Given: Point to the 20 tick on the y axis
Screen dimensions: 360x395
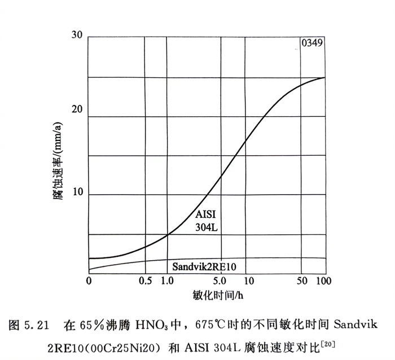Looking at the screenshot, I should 77,109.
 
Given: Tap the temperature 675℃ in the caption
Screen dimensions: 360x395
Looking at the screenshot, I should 213,325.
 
